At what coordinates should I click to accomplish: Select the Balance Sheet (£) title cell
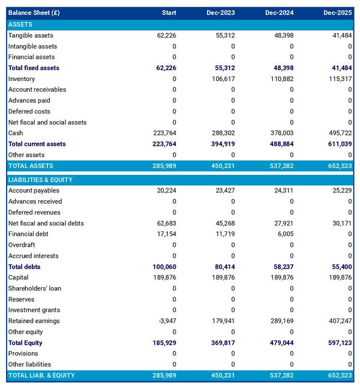pos(34,13)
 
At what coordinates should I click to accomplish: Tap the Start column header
pos(169,13)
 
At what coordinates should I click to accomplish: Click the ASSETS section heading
pos(20,25)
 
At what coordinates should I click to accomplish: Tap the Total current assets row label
pos(37,144)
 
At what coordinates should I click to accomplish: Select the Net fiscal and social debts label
pos(46,224)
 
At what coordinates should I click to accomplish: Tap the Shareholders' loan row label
pos(35,288)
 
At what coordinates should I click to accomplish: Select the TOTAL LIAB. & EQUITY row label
pos(42,375)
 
